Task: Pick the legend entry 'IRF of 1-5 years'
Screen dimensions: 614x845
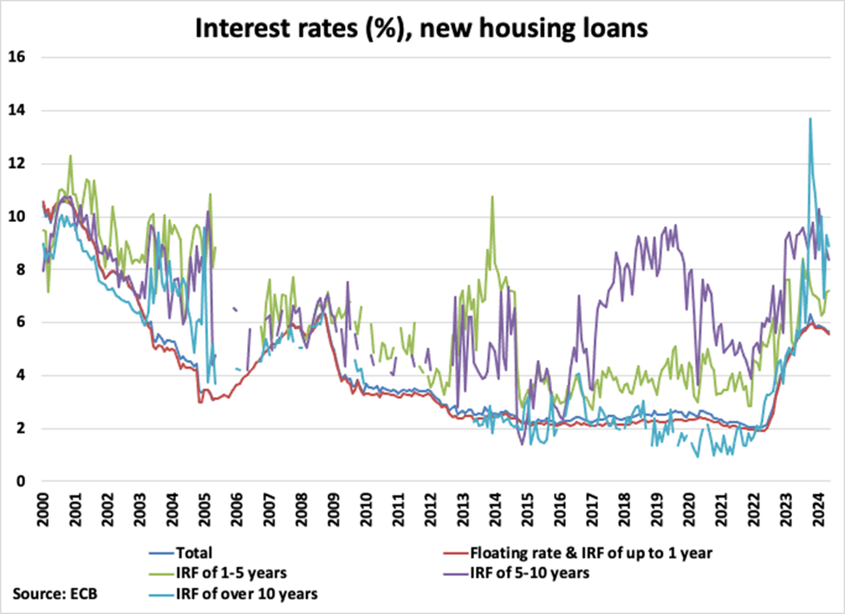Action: pyautogui.click(x=231, y=572)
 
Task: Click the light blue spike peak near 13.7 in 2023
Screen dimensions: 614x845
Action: pyautogui.click(x=809, y=119)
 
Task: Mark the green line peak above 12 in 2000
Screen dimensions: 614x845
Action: pyautogui.click(x=70, y=156)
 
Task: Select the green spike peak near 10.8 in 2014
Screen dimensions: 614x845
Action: pyautogui.click(x=492, y=196)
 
